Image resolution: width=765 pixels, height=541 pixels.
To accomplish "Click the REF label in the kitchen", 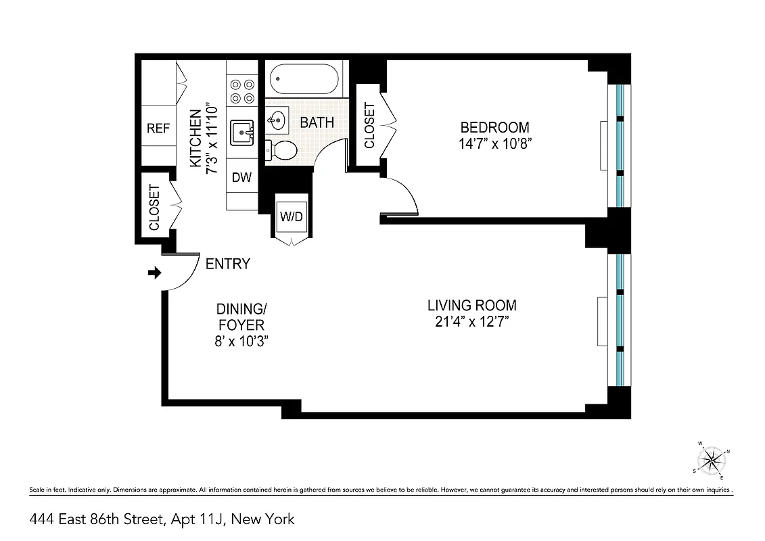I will click(158, 128).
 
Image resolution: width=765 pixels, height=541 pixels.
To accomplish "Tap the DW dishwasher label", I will click(241, 178).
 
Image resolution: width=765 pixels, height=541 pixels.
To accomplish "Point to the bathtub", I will click(304, 79).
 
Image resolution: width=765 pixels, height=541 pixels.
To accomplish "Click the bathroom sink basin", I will click(276, 122).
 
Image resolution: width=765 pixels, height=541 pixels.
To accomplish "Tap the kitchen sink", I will click(241, 132).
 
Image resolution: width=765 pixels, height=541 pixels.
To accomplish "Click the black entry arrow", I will click(155, 273).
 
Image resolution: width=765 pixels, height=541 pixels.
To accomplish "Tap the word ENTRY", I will click(228, 264).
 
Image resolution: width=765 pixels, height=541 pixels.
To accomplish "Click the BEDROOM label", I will click(494, 127).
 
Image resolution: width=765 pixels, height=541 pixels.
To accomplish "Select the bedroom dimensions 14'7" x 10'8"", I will click(494, 143).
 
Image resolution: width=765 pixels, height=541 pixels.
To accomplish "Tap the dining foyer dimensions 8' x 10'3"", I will click(241, 342).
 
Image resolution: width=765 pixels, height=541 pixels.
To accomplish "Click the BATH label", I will click(317, 122).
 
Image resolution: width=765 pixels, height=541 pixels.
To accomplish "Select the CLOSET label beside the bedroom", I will click(369, 125).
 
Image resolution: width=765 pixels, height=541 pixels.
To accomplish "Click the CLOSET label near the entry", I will click(154, 207).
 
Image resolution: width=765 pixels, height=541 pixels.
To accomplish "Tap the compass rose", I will click(712, 461).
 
